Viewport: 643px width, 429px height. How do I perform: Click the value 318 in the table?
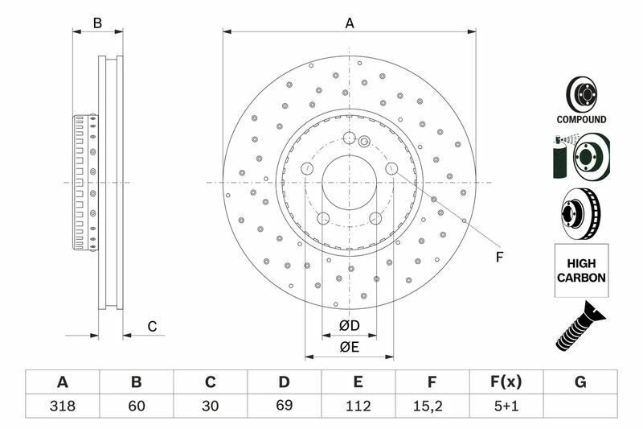pyautogui.click(x=62, y=406)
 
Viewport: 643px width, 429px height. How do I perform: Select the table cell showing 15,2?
pyautogui.click(x=432, y=406)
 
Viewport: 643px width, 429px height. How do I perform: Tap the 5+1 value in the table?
pyautogui.click(x=506, y=406)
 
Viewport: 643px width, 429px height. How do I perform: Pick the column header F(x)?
pyautogui.click(x=506, y=382)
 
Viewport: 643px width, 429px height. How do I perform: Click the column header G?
pyautogui.click(x=580, y=382)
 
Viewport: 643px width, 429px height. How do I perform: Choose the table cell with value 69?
pyautogui.click(x=284, y=406)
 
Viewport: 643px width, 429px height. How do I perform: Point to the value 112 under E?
pyautogui.click(x=358, y=406)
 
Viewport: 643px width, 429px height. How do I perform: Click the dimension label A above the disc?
pyautogui.click(x=350, y=23)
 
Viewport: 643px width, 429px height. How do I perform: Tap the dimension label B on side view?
pyautogui.click(x=97, y=23)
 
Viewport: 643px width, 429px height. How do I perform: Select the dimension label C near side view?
pyautogui.click(x=151, y=326)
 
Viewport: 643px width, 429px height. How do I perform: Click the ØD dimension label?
pyautogui.click(x=348, y=326)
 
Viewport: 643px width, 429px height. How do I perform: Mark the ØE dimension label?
pyautogui.click(x=348, y=347)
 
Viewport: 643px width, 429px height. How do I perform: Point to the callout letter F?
pyautogui.click(x=498, y=258)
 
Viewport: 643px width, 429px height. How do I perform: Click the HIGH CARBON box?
pyautogui.click(x=580, y=270)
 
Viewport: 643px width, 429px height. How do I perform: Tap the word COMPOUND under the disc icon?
pyautogui.click(x=581, y=119)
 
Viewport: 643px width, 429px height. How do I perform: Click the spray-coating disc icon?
pyautogui.click(x=580, y=157)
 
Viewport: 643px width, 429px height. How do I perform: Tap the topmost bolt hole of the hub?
pyautogui.click(x=350, y=137)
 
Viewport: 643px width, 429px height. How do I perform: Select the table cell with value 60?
pyautogui.click(x=136, y=406)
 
